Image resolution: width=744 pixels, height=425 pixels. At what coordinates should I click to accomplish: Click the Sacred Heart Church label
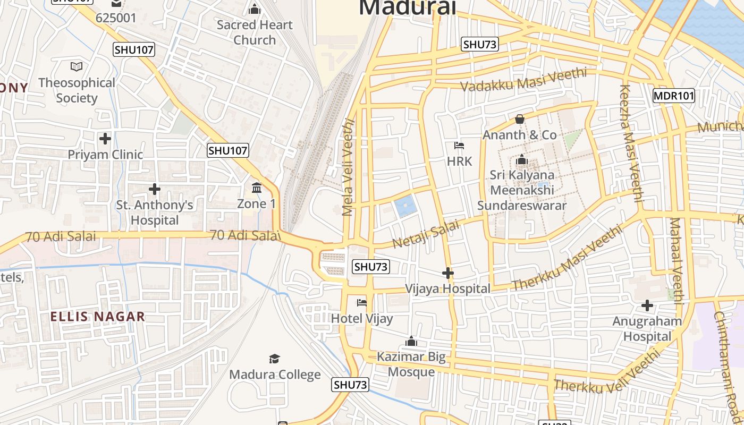(255, 32)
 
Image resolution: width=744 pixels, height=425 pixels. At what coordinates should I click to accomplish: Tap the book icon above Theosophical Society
(77, 67)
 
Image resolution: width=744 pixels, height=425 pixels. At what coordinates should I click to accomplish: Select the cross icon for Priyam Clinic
(105, 139)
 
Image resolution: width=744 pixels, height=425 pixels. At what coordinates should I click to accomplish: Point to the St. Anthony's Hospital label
(155, 212)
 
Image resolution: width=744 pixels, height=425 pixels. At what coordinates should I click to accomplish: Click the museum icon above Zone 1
(257, 188)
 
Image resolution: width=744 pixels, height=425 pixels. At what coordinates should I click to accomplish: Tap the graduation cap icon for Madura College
(274, 359)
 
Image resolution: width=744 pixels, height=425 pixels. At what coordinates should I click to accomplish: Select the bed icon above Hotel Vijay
(362, 303)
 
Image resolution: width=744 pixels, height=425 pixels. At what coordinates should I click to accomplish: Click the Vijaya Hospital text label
(447, 289)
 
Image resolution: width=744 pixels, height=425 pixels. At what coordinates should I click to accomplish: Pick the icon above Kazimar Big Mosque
(411, 341)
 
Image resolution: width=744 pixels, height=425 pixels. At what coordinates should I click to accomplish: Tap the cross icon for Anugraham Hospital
(647, 305)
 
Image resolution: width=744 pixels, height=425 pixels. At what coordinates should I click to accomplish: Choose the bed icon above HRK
(459, 146)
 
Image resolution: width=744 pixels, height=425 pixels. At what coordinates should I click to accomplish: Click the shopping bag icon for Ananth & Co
(520, 120)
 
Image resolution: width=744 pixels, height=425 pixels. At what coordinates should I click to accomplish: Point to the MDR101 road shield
(673, 96)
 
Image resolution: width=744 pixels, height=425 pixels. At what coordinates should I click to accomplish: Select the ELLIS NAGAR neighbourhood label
(97, 317)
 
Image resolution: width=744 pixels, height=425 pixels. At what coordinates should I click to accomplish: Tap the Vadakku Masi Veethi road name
(523, 80)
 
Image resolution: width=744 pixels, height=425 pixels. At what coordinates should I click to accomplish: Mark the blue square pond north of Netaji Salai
(405, 206)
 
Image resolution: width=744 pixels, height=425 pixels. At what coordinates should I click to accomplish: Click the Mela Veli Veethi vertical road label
(348, 167)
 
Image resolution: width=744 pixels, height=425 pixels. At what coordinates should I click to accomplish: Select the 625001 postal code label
(116, 18)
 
